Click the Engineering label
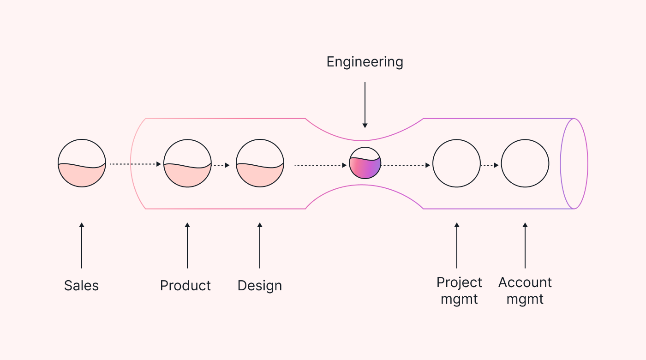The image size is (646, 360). tap(365, 62)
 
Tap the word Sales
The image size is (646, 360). tap(81, 286)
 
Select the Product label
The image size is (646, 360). tap(185, 286)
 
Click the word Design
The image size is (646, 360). tap(259, 286)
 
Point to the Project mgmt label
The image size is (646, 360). tap(459, 290)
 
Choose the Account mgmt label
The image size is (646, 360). tap(525, 290)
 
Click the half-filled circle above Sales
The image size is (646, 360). tap(82, 163)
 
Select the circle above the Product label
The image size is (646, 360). tap(187, 163)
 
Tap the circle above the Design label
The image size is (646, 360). tap(260, 163)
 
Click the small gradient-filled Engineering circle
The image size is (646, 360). tap(365, 163)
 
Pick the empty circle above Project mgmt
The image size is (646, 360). tap(456, 163)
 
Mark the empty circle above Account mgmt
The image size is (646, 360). tap(525, 163)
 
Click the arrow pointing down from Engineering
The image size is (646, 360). tap(365, 105)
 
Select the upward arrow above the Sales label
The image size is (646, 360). tap(82, 246)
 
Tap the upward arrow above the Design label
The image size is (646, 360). tap(260, 246)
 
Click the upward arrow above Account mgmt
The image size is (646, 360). tap(525, 246)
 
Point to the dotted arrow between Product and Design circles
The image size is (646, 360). tap(221, 165)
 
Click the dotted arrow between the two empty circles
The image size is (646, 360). tap(490, 165)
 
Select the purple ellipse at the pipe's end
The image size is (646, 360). tap(574, 163)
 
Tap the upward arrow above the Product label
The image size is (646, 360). tap(187, 246)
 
